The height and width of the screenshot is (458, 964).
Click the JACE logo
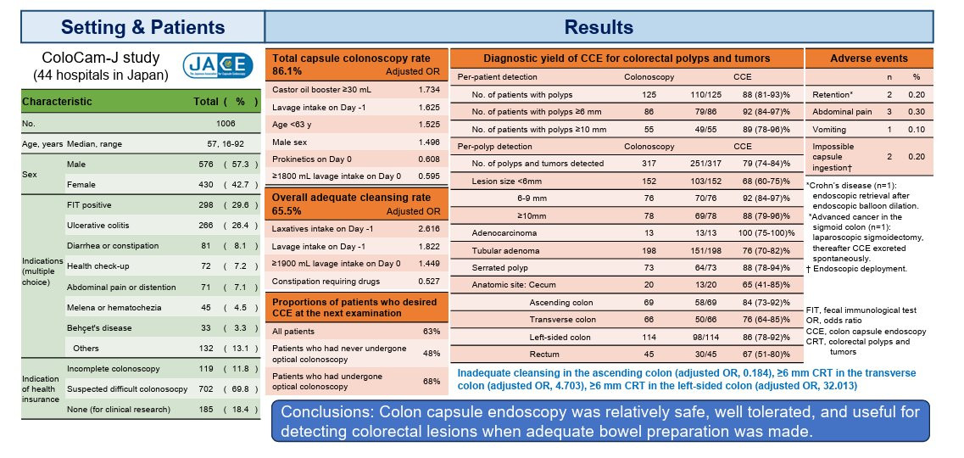click(x=219, y=65)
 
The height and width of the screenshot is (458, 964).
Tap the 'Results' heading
click(x=612, y=27)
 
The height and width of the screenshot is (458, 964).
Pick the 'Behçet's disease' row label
click(x=99, y=326)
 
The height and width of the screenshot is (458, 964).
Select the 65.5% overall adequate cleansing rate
click(x=286, y=212)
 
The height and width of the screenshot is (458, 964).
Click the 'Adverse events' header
click(x=868, y=59)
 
